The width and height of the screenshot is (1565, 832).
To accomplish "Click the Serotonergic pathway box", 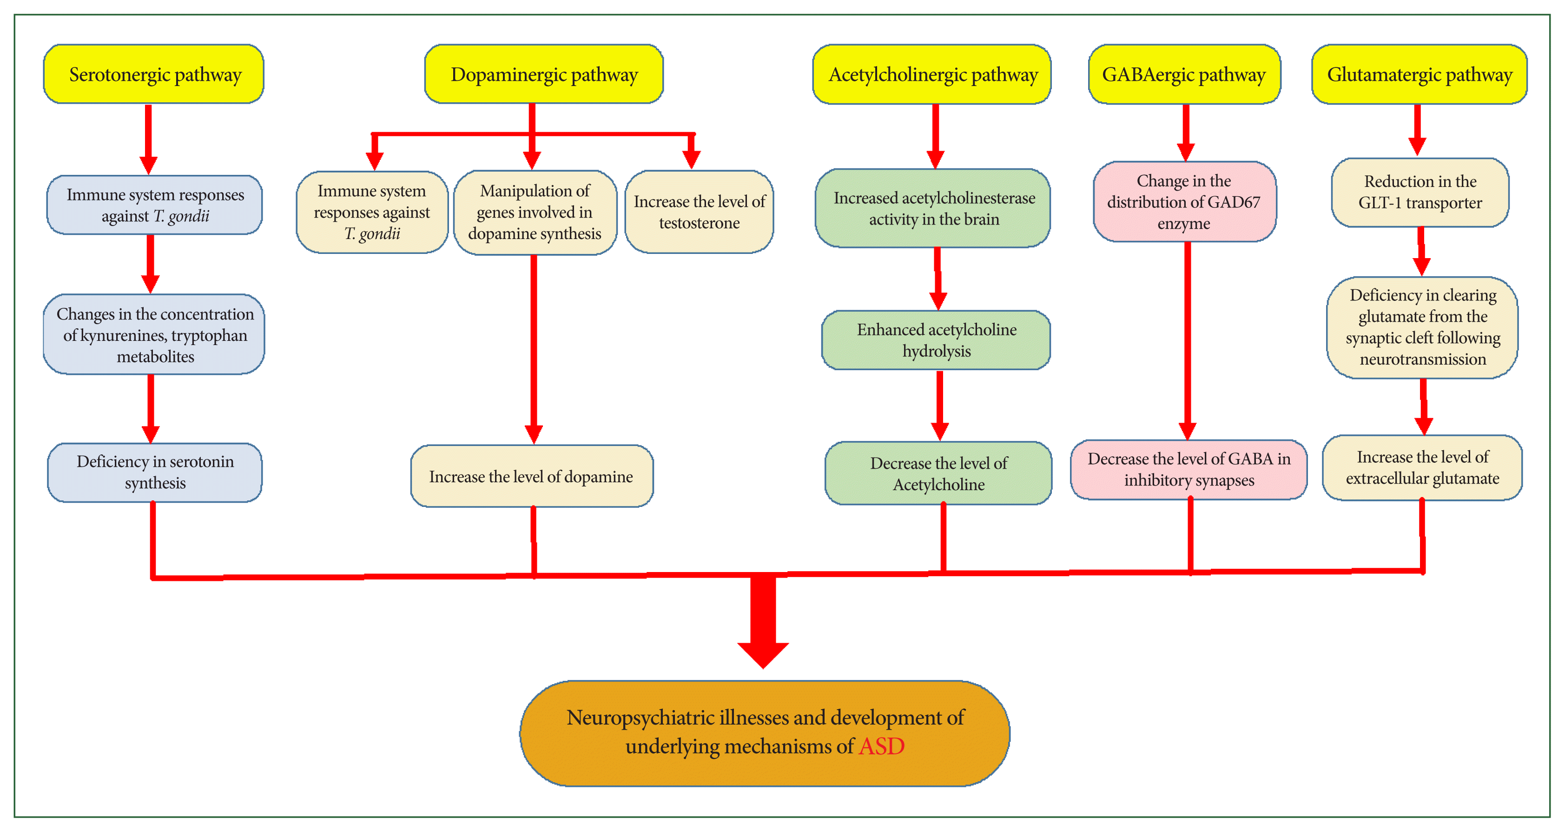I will point(154,74).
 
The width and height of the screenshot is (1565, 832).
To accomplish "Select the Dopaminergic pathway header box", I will point(544,74).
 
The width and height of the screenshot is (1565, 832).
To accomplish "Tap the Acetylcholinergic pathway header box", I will point(932,74).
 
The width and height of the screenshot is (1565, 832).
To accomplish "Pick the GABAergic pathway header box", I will point(1184,74).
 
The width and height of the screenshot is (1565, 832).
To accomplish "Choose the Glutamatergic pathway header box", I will point(1419,74).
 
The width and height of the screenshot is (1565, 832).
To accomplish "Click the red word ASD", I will point(882,746).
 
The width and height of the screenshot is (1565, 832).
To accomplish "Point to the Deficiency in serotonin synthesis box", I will point(155,472).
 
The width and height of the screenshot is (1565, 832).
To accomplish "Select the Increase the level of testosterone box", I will point(699,212).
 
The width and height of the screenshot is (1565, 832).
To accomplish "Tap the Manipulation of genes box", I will point(535,212).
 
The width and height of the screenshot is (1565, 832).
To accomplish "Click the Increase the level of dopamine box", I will point(532,477).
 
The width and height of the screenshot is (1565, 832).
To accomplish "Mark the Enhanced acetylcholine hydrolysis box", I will point(936,340).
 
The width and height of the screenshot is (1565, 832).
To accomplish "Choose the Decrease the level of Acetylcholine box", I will point(938,473).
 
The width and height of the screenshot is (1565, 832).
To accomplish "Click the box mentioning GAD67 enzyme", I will point(1184,202).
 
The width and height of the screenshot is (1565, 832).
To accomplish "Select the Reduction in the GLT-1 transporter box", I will point(1420,192).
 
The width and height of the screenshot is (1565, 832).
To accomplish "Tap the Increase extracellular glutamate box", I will point(1422,467).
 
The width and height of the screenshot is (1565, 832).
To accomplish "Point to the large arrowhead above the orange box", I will point(763,654).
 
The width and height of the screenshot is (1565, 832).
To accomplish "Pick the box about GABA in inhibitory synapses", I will point(1189,469).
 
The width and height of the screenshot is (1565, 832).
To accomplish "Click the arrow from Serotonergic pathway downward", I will point(148,140).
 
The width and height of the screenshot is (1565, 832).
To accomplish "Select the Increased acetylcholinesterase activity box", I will point(934,208).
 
